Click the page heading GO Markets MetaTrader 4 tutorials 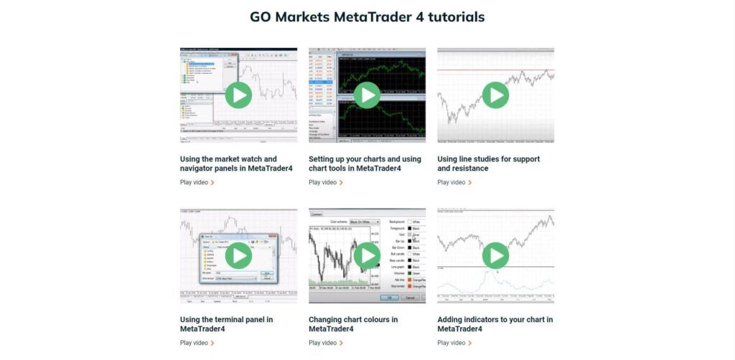[367, 16]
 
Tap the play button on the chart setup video [367, 95]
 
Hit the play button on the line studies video [495, 95]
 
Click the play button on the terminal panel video [238, 255]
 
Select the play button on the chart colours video [367, 255]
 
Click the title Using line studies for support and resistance [488, 164]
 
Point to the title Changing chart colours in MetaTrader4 [352, 324]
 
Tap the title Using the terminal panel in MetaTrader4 [227, 324]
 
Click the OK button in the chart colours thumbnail [389, 297]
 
